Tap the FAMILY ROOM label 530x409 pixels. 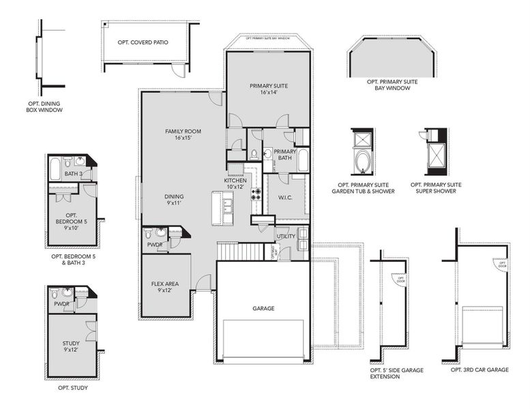pyautogui.click(x=183, y=134)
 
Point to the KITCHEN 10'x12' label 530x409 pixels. pyautogui.click(x=235, y=183)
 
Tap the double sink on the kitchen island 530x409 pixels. pyautogui.click(x=226, y=202)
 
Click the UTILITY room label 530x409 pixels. pyautogui.click(x=285, y=236)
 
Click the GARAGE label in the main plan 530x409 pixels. pyautogui.click(x=263, y=309)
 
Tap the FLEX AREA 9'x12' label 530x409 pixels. pyautogui.click(x=164, y=286)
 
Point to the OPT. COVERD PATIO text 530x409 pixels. pyautogui.click(x=143, y=42)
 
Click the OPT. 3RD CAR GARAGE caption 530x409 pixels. pyautogui.click(x=480, y=369)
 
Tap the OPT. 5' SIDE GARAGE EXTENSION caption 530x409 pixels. pyautogui.click(x=395, y=373)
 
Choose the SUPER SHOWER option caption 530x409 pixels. pyautogui.click(x=436, y=188)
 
